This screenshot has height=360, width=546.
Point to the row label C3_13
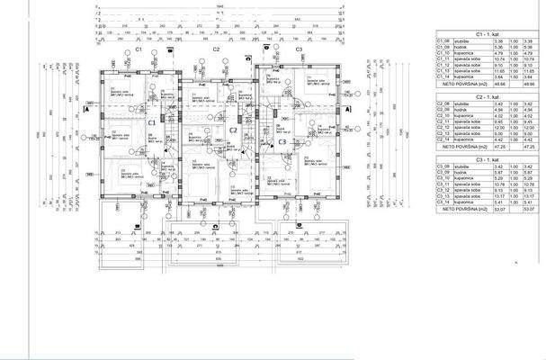[443, 197]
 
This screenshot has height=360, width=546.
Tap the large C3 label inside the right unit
[281, 141]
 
